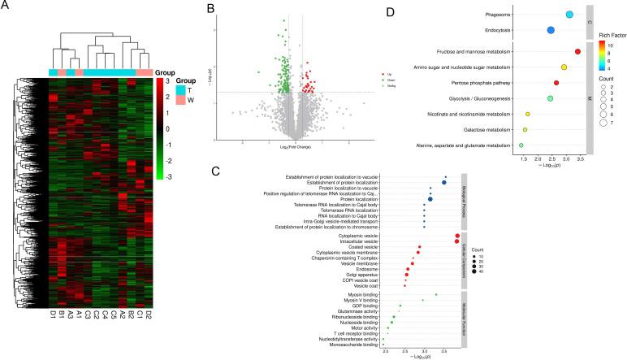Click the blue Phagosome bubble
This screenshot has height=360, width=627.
[569, 15]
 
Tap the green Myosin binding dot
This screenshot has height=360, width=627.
[436, 295]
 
